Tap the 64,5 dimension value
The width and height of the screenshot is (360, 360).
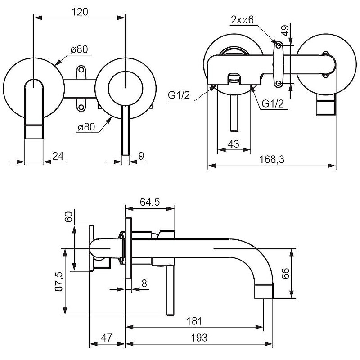(x=150, y=202)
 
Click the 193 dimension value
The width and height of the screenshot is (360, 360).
(x=198, y=337)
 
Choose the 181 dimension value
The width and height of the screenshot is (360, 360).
(x=194, y=321)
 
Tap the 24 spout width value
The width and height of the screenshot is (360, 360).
(x=58, y=156)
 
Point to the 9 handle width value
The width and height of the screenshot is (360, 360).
(x=141, y=156)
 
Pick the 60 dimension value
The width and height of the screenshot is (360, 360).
(x=68, y=216)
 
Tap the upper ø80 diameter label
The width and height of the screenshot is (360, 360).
(x=79, y=50)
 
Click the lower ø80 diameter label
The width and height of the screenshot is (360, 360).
(x=86, y=127)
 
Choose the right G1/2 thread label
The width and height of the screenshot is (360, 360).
(x=273, y=104)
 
